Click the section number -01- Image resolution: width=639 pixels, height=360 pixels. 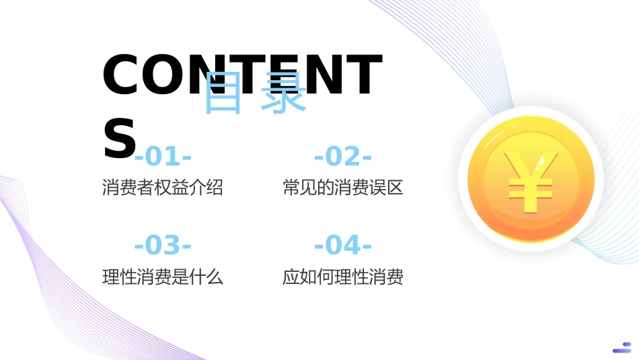point(163,157)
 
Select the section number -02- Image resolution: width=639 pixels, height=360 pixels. point(343,157)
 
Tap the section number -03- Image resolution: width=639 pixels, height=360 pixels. point(163,246)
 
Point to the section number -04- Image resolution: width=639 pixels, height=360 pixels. point(343,246)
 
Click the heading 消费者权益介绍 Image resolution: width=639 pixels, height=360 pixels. point(163,188)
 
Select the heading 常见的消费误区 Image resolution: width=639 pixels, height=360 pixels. point(343,188)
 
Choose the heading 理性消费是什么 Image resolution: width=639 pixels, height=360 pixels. point(163,277)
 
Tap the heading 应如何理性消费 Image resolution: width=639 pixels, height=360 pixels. point(343,277)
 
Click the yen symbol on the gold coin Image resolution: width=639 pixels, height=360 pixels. point(531,182)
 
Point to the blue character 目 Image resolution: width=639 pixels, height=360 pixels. point(223,93)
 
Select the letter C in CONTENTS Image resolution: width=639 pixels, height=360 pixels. point(120,74)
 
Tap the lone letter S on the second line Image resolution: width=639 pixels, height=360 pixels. point(119,139)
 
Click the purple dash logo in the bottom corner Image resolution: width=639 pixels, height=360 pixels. point(622,347)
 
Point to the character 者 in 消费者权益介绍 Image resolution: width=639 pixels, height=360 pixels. point(145,188)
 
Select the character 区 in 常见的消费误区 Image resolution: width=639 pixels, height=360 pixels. point(395,188)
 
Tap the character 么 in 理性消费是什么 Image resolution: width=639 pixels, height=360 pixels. point(215,277)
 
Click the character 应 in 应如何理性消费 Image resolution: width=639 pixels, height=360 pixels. point(291,277)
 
